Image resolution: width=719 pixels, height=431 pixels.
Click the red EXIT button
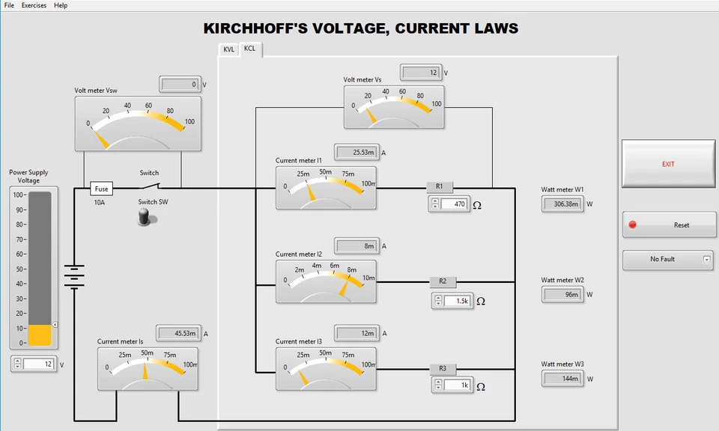point(667,164)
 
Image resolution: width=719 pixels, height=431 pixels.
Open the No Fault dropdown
point(667,260)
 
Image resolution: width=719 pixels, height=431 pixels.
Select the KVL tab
point(228,49)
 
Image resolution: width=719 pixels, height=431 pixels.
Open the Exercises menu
point(34,5)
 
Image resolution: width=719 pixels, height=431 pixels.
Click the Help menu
point(61,5)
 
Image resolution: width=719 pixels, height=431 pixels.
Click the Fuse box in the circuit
point(102,189)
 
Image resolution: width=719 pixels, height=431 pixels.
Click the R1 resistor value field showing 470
point(454,204)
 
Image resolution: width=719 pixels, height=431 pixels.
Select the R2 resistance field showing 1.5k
point(456,301)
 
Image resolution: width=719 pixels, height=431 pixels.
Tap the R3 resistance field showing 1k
point(456,385)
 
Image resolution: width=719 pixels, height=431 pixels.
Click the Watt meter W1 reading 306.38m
point(562,204)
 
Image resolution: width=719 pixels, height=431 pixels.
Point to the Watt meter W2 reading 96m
point(562,295)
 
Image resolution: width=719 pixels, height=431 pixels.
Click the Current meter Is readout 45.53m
point(177,333)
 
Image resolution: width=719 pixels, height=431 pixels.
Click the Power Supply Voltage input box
point(38,364)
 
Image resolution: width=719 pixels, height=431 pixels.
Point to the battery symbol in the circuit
point(74,276)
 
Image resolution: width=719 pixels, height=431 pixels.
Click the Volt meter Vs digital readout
point(421,73)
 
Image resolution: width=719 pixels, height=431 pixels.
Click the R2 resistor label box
point(443,282)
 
